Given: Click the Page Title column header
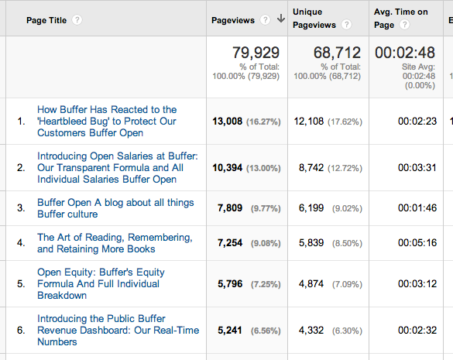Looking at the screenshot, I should (46, 19).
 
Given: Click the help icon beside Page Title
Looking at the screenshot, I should (77, 19).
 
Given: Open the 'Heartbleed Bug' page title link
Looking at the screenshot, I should (107, 121).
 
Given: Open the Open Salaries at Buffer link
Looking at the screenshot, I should (116, 167).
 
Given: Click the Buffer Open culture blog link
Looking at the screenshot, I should (115, 208).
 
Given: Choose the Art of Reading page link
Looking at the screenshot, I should (115, 243).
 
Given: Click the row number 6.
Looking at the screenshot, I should (21, 330).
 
